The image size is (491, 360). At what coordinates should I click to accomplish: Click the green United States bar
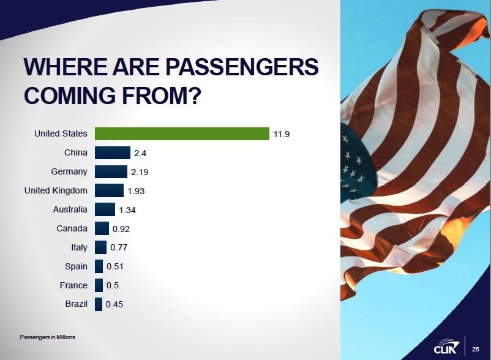point(182,133)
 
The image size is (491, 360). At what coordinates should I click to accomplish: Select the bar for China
point(113,152)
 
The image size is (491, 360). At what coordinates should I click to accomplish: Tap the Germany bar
point(111,171)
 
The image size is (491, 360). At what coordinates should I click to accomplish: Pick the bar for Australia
point(105,209)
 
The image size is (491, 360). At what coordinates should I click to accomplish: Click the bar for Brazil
point(99,304)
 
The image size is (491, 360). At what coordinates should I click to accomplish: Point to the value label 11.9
point(282,134)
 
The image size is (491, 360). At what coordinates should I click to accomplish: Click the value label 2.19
point(140,172)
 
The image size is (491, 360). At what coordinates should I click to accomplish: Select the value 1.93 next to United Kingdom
point(136,191)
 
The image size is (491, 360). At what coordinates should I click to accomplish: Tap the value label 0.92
point(121,229)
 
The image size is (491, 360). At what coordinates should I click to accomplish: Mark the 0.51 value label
point(115,266)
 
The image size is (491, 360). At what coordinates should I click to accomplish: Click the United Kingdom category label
point(56,190)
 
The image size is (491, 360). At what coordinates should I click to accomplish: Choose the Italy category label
point(79,247)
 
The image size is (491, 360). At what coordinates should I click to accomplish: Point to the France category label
point(73,285)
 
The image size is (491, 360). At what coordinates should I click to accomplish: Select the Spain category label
point(76,266)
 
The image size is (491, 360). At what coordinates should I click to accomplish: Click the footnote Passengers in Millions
point(47,337)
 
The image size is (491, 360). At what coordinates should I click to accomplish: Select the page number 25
point(475,349)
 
